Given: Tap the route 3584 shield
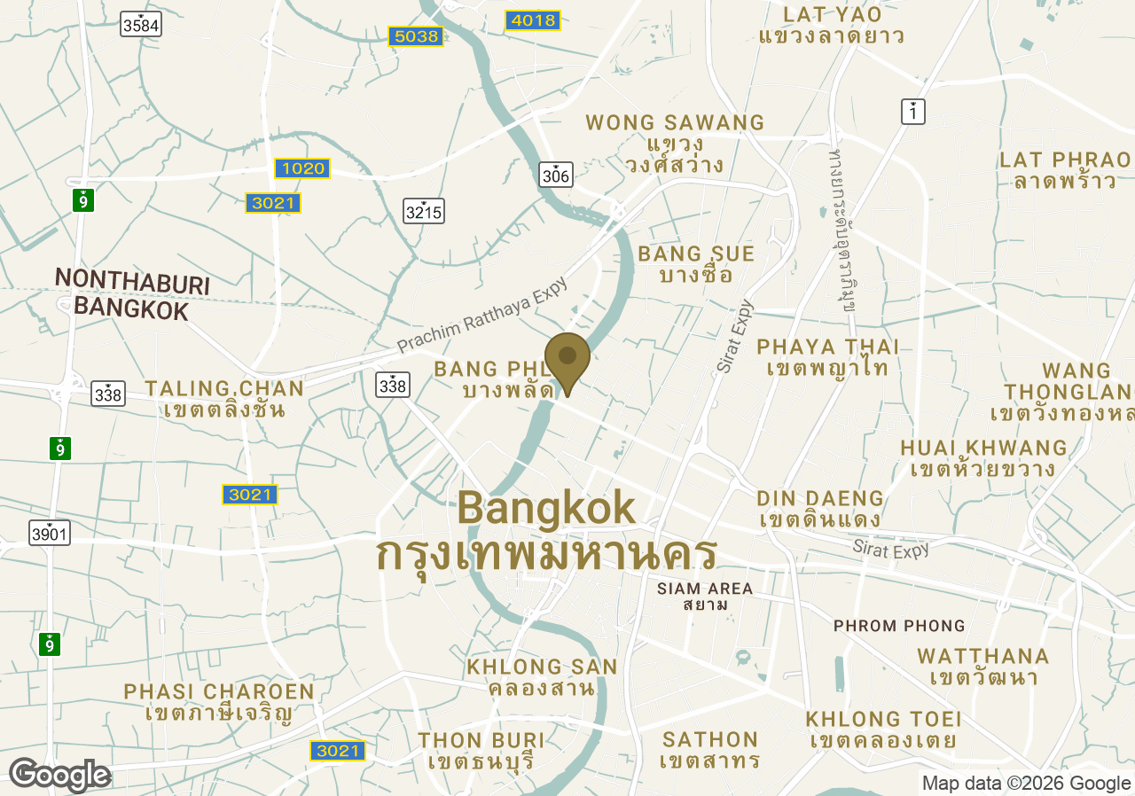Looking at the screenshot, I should (x=141, y=25).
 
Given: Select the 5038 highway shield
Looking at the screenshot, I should (x=415, y=36).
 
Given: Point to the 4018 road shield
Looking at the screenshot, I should (x=532, y=20).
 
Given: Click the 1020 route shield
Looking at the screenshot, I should (x=302, y=168).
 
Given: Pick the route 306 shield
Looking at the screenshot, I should (x=555, y=175).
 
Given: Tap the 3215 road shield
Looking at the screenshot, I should (x=423, y=211).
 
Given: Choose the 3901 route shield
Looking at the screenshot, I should (x=49, y=533).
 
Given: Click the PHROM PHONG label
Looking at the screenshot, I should (x=899, y=626).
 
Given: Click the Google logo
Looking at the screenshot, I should (x=59, y=775).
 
